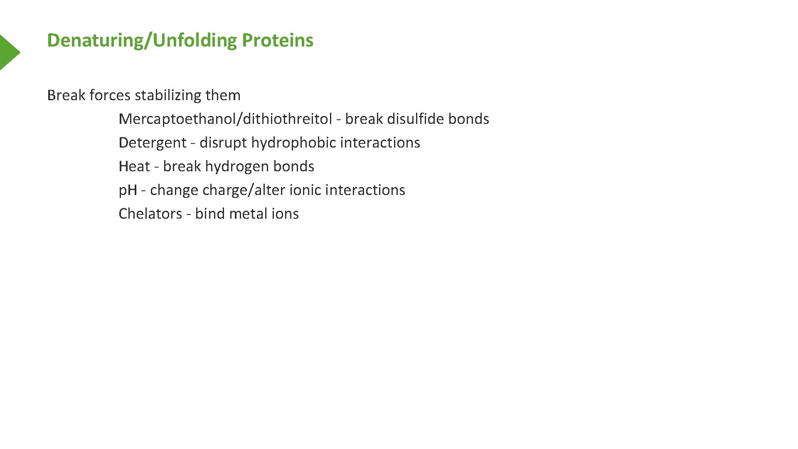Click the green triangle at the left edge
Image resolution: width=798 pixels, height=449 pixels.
(8, 52)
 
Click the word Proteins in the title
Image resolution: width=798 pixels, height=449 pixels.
(277, 40)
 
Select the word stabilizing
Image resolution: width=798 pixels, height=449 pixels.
(168, 96)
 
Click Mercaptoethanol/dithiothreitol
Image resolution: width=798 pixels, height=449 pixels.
(225, 119)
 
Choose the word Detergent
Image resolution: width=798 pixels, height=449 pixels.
(152, 143)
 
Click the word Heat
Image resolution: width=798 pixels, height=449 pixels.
(134, 167)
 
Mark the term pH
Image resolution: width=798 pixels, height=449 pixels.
(128, 190)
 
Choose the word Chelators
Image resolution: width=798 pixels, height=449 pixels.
(150, 214)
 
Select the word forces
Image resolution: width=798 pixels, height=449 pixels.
(110, 96)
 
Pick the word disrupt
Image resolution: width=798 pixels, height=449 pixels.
(223, 143)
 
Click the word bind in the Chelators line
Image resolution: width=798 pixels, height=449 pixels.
(210, 214)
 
